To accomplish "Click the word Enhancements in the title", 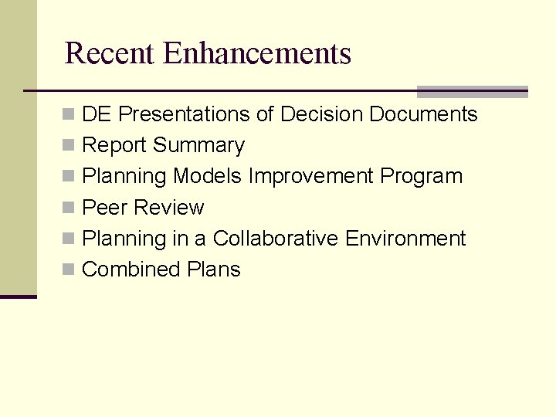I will click(x=258, y=53).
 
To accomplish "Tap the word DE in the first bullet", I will click(x=97, y=114).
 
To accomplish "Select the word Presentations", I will click(x=184, y=114).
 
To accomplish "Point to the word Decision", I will click(x=322, y=114).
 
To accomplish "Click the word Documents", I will click(x=423, y=114).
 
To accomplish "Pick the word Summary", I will click(x=198, y=145).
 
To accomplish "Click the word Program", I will click(x=421, y=177).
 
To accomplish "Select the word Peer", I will click(x=105, y=208).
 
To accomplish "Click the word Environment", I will click(x=405, y=239).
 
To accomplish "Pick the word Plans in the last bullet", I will click(x=214, y=270).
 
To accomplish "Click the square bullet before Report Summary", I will click(x=69, y=146).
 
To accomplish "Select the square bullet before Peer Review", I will click(x=69, y=208).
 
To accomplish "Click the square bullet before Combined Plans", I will click(x=69, y=270).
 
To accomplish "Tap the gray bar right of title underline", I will click(x=472, y=91).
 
